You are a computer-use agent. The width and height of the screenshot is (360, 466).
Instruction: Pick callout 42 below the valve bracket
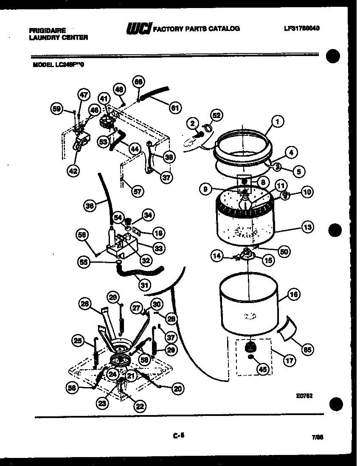click(x=73, y=171)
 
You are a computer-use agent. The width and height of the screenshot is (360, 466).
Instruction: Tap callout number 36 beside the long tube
click(x=89, y=207)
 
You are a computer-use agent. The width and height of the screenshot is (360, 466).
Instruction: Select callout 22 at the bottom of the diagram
click(x=140, y=406)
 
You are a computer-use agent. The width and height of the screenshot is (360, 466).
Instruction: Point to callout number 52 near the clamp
click(x=217, y=115)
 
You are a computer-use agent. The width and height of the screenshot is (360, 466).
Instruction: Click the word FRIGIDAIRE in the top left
click(x=48, y=30)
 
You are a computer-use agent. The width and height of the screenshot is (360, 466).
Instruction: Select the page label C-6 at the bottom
click(x=180, y=434)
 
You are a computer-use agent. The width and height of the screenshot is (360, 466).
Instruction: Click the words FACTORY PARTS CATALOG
click(x=196, y=29)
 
